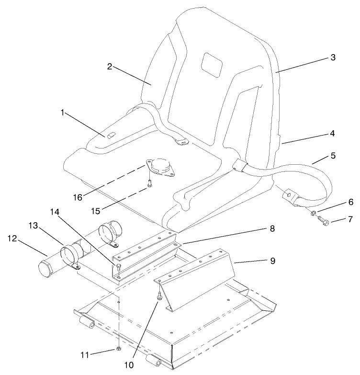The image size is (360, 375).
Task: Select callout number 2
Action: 109,67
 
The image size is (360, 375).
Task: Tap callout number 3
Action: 333,57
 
